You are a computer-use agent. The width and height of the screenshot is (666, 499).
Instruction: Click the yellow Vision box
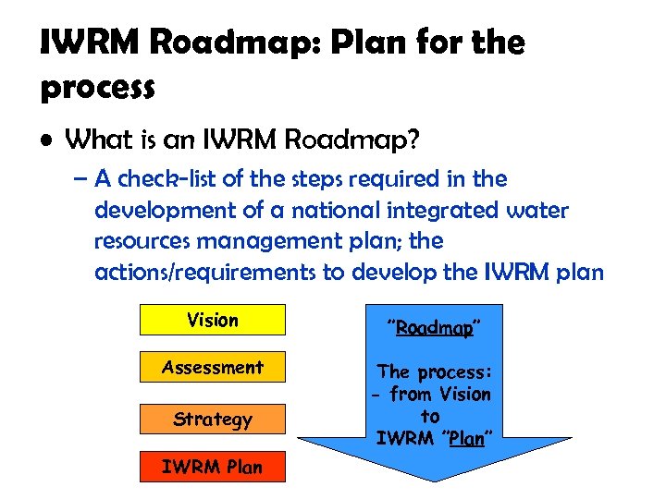coord(213,320)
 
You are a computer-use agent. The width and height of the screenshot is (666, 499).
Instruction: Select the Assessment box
coord(213,367)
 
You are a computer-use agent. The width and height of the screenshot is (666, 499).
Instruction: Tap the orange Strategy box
coord(213,419)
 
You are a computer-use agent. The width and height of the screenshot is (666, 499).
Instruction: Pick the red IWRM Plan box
coord(213,467)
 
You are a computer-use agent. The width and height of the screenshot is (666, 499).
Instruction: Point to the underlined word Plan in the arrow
coord(466,439)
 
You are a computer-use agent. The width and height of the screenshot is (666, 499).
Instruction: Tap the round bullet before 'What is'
coord(47,142)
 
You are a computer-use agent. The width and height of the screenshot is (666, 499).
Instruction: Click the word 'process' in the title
coord(97,88)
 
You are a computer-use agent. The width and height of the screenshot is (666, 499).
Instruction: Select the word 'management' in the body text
coord(259,241)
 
